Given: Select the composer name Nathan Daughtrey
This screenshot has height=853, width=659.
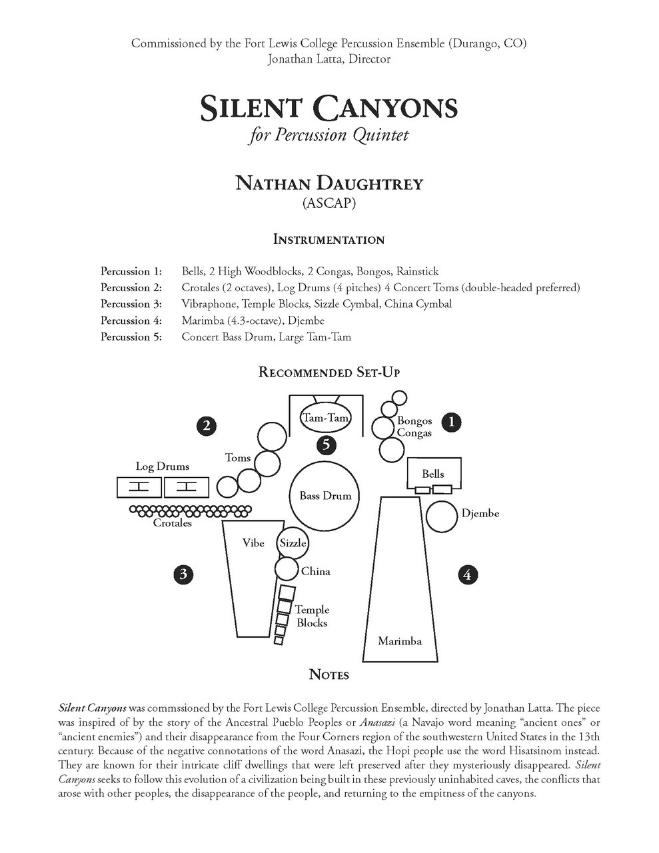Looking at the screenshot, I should pyautogui.click(x=329, y=183).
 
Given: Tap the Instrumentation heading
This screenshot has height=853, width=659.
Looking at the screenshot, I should pyautogui.click(x=329, y=240).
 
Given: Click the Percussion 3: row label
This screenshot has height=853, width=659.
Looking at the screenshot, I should pyautogui.click(x=131, y=304).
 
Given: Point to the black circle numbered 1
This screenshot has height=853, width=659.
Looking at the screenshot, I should pyautogui.click(x=452, y=421).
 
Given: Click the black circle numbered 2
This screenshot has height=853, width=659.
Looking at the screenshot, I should pyautogui.click(x=207, y=425).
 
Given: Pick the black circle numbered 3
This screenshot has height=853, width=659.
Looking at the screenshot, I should pyautogui.click(x=183, y=574).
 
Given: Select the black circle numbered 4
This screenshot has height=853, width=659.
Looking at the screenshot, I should pyautogui.click(x=468, y=574).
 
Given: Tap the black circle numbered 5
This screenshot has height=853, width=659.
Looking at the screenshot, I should pyautogui.click(x=326, y=444).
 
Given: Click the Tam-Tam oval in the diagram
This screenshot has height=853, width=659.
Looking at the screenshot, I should pyautogui.click(x=326, y=418).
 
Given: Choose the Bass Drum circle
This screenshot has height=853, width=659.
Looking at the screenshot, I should pyautogui.click(x=325, y=496).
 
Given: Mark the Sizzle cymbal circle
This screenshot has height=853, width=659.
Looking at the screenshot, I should pyautogui.click(x=293, y=542).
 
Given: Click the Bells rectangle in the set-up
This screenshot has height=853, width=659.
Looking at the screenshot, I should pyautogui.click(x=433, y=474).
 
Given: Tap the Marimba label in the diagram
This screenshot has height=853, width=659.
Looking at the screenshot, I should pyautogui.click(x=400, y=641).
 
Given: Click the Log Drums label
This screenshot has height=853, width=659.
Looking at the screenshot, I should pyautogui.click(x=163, y=466).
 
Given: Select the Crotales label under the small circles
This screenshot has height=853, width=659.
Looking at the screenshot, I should pyautogui.click(x=173, y=523).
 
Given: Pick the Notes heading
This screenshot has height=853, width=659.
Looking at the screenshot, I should pyautogui.click(x=329, y=675).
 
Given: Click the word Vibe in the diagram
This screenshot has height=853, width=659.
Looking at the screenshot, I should pyautogui.click(x=253, y=543).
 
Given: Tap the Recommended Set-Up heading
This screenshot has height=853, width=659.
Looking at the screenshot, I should pyautogui.click(x=329, y=372).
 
